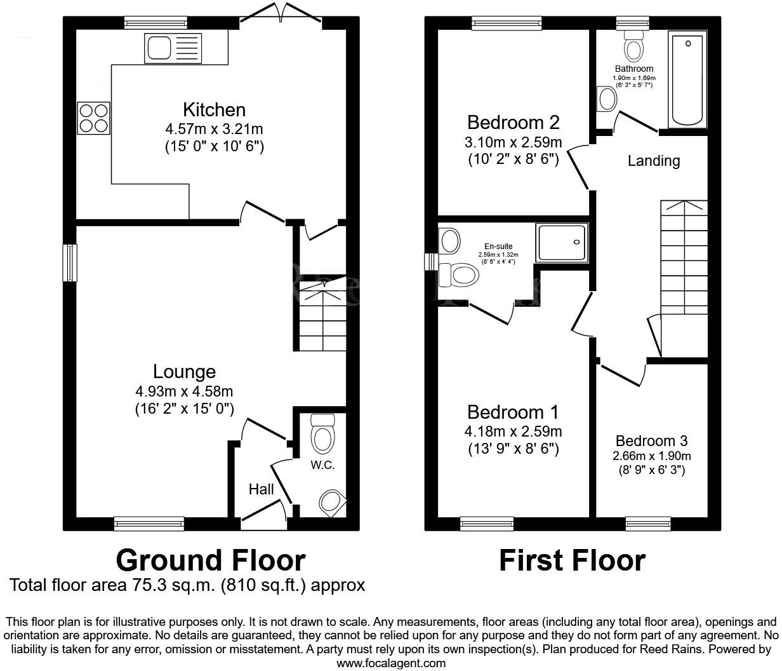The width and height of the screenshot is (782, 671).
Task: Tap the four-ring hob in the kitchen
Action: tap(93, 118)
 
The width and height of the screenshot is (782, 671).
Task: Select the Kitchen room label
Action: tap(214, 109)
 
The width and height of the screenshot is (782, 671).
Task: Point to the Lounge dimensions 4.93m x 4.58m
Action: tap(184, 391)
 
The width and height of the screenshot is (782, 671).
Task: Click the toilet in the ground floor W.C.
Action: tap(323, 434)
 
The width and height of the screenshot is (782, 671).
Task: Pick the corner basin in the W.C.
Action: tap(333, 502)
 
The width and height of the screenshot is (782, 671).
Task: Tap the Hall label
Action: tap(261, 489)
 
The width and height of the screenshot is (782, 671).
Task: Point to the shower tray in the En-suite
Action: tap(562, 242)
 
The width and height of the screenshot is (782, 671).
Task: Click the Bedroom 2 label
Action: tap(513, 121)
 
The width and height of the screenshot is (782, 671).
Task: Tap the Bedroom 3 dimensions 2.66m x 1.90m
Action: tap(651, 456)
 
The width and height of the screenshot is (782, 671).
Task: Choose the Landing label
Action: tap(653, 161)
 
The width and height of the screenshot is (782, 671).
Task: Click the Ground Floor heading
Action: tap(211, 560)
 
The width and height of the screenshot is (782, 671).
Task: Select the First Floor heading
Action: tap(572, 560)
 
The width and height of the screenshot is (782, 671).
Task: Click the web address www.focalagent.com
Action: tap(390, 663)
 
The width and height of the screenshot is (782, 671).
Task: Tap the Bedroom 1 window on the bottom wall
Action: tap(487, 523)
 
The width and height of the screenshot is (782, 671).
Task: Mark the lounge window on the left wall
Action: tap(69, 262)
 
